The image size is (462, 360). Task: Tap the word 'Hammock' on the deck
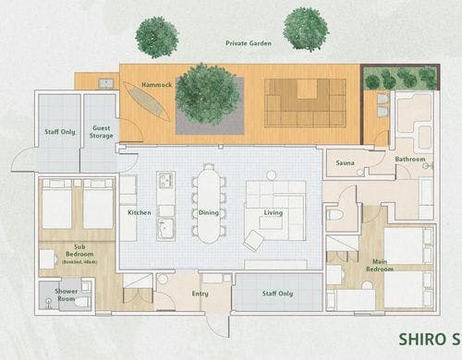click(156, 85)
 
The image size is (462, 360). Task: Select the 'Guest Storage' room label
click(101, 132)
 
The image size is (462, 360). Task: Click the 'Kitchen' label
click(140, 212)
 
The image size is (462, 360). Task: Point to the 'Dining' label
click(209, 212)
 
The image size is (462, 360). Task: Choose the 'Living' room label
click(274, 212)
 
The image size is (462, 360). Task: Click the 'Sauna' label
click(346, 162)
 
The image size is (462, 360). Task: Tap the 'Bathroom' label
click(410, 159)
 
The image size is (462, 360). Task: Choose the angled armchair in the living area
click(253, 239)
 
